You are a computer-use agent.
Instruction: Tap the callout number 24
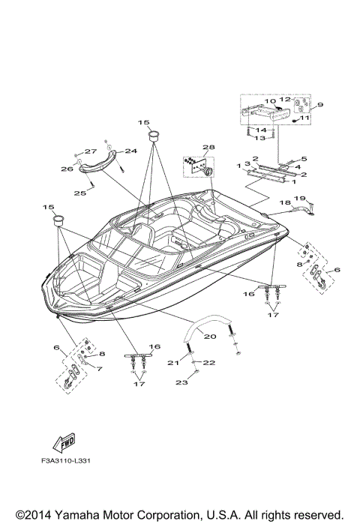pos(130,151)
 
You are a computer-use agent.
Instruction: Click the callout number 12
pos(284,100)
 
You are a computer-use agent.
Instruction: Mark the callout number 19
pos(299,198)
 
